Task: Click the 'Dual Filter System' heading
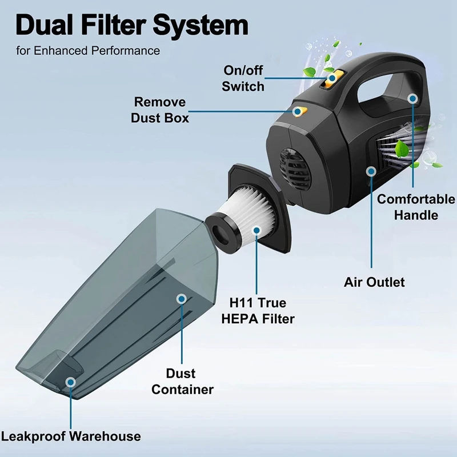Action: [131, 25]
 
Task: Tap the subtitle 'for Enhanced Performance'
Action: [88, 50]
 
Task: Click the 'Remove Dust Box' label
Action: [159, 110]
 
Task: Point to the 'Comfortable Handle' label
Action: [415, 207]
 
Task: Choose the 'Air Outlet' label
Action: [374, 282]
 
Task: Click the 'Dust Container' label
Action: [181, 382]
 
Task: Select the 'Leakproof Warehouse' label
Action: [70, 436]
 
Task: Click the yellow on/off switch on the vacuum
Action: [332, 81]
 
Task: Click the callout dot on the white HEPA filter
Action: [256, 231]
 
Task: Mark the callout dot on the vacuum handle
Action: [413, 98]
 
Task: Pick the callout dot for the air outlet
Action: [371, 170]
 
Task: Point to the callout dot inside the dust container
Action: [182, 298]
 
